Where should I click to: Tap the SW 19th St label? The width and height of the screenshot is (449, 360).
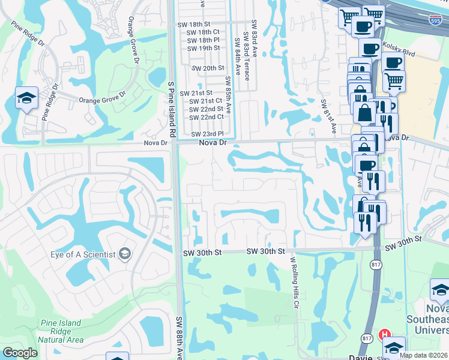tap(203, 48)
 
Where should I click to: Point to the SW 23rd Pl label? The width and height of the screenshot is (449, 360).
tap(207, 134)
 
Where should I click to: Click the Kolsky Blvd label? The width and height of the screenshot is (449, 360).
tap(400, 54)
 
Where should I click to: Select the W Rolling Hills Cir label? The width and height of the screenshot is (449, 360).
tap(294, 282)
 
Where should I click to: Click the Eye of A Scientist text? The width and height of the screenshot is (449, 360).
tap(83, 254)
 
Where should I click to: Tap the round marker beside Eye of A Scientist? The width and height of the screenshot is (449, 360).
tap(125, 254)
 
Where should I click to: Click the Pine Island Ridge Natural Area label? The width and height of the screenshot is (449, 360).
tap(59, 331)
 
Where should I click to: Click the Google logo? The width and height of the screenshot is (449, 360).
tap(20, 353)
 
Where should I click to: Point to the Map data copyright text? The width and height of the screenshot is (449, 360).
tap(423, 355)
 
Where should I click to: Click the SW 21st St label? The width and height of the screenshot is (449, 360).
tap(201, 93)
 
